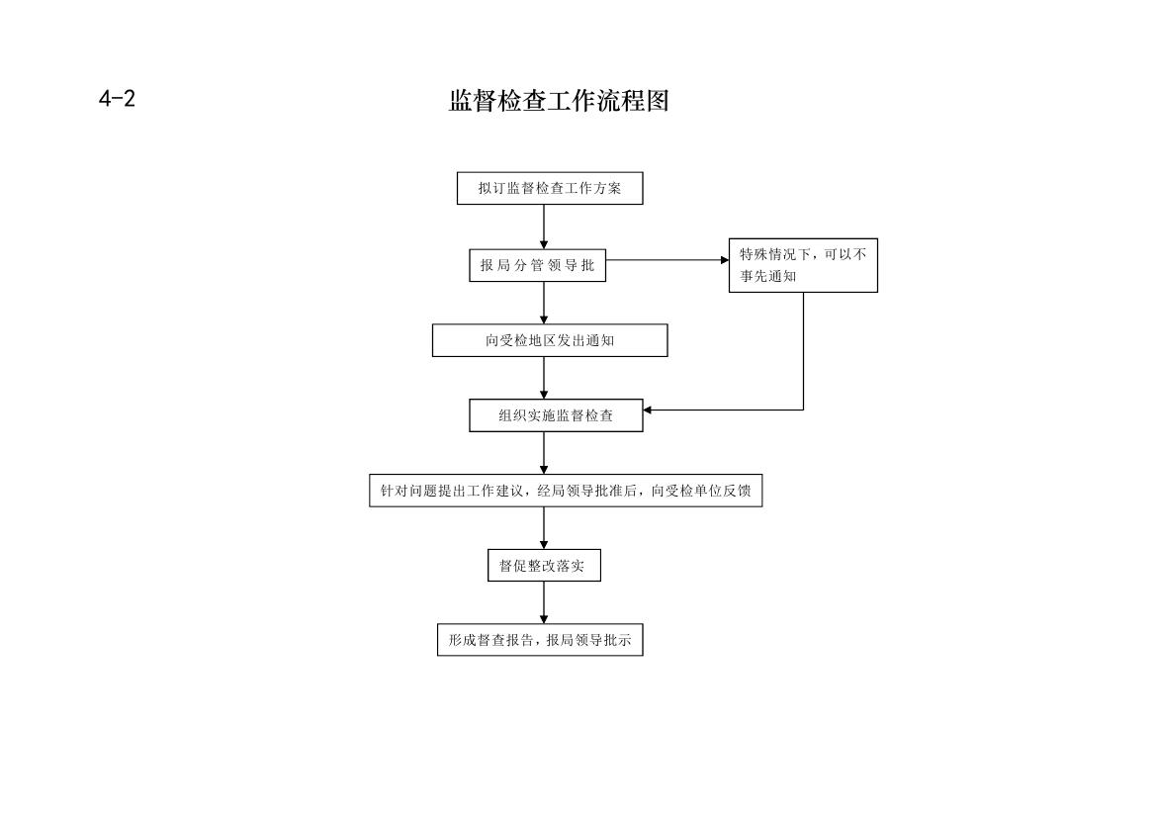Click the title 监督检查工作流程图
click(559, 101)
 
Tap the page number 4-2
click(118, 98)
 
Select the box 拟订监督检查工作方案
click(550, 188)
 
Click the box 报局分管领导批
click(537, 265)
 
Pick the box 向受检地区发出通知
click(550, 340)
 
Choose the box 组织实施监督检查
click(556, 415)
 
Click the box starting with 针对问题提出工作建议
click(566, 491)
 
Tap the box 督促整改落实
click(544, 565)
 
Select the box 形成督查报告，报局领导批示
click(540, 640)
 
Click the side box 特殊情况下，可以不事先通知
click(803, 265)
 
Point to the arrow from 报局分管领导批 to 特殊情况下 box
click(667, 259)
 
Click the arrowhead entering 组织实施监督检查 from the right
click(648, 410)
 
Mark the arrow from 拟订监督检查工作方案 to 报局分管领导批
click(544, 227)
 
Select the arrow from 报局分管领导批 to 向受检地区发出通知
click(544, 303)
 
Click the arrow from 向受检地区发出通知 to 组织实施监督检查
click(544, 378)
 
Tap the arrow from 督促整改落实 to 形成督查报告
click(544, 602)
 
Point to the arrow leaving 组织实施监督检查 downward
click(544, 453)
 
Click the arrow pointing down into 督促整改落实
click(544, 527)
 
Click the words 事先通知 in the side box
click(768, 276)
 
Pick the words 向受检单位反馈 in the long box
click(700, 491)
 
